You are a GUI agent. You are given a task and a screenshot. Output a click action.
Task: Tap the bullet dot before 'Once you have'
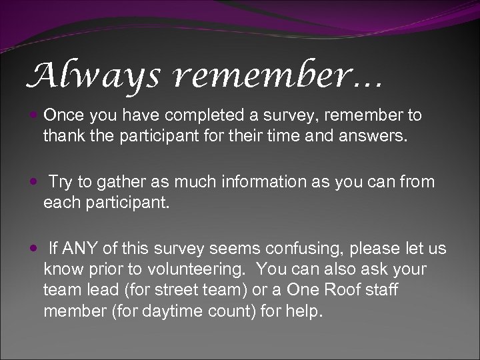35,115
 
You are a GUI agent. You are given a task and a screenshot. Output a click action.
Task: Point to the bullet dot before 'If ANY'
35,249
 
